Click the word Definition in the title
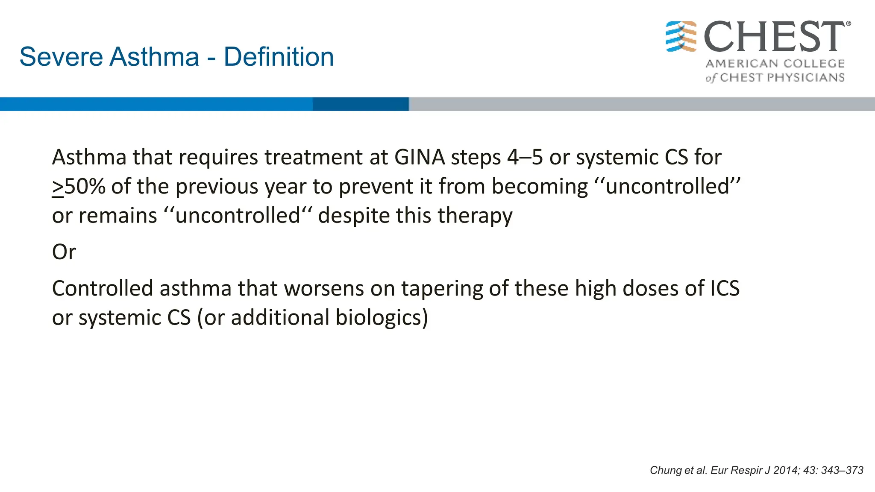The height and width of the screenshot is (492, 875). coord(279,57)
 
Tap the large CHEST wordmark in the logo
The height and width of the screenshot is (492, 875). coord(774,37)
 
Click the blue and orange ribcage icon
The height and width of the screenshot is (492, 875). coord(681,36)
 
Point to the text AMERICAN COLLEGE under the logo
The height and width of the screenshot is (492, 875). coord(775,64)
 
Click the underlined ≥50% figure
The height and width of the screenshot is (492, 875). coord(79,187)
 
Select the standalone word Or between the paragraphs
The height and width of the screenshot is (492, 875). coord(64,252)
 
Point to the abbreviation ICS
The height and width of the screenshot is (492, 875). coord(725,288)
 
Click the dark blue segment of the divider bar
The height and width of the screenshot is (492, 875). coord(361,104)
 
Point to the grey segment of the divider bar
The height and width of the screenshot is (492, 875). coord(641,104)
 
